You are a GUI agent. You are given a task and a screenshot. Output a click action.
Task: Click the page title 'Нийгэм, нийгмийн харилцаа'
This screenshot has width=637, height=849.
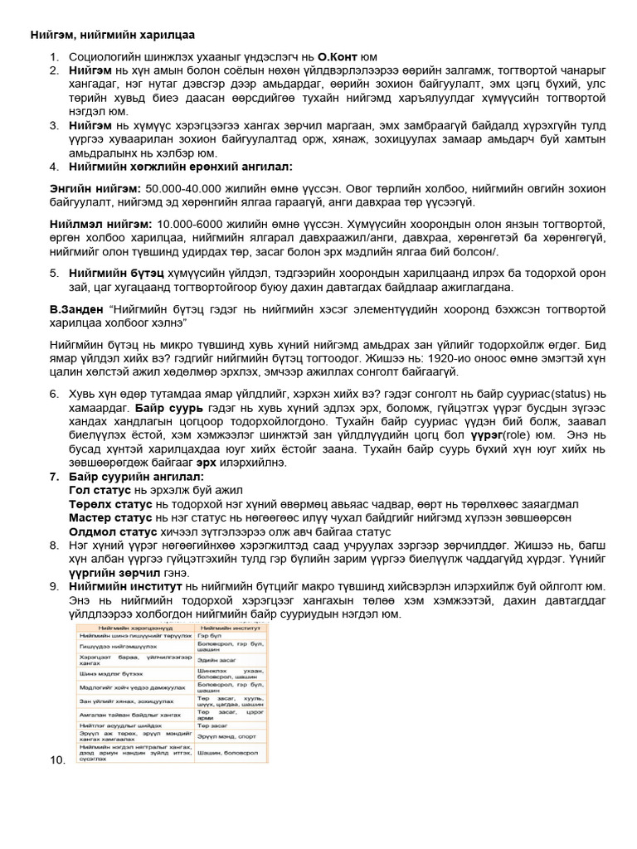tap(114, 36)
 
